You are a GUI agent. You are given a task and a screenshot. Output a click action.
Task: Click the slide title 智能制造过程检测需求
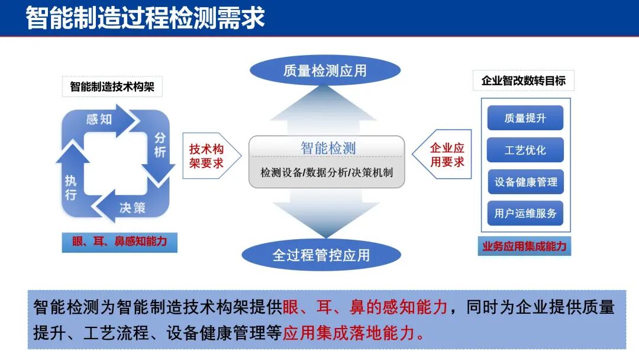click(x=145, y=18)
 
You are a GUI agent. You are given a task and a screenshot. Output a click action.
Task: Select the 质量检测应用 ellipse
click(x=325, y=71)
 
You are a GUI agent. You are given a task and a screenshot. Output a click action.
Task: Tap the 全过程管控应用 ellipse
click(x=321, y=255)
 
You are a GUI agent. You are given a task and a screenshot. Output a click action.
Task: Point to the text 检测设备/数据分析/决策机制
click(x=327, y=173)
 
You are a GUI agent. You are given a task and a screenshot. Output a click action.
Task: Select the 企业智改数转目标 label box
click(x=524, y=81)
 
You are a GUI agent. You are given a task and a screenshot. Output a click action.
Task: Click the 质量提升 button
click(x=525, y=118)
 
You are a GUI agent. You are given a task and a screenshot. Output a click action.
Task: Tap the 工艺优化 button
click(x=525, y=150)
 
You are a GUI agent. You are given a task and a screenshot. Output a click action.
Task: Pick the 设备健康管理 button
click(x=525, y=182)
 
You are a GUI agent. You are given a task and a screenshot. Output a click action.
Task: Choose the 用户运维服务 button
click(x=525, y=213)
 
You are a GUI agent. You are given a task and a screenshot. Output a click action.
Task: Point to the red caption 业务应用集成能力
click(x=524, y=246)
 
